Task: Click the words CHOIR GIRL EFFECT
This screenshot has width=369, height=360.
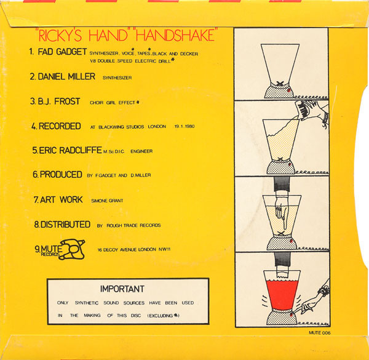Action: (x=117, y=102)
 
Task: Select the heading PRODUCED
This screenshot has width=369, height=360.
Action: (x=61, y=175)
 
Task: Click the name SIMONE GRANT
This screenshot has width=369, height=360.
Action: (x=111, y=201)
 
